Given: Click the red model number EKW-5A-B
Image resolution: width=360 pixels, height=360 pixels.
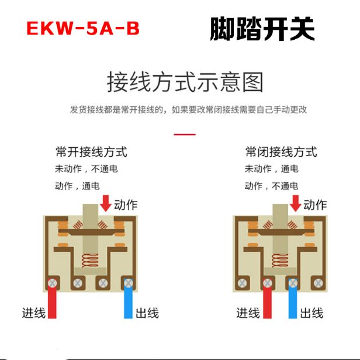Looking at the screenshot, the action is [x=83, y=28].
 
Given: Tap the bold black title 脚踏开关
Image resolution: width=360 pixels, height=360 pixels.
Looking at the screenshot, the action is [x=262, y=28].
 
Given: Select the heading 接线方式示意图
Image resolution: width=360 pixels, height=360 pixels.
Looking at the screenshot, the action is [x=185, y=82].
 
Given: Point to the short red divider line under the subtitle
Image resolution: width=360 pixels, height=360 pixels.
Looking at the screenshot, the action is [x=185, y=134].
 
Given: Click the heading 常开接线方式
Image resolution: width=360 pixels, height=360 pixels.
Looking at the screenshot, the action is [x=91, y=153].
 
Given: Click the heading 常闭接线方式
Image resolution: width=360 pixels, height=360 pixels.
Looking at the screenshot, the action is [x=281, y=153].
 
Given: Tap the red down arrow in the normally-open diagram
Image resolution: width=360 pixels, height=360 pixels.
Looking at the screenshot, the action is [x=106, y=203].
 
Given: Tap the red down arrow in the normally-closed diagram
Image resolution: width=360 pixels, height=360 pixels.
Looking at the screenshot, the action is [x=296, y=203].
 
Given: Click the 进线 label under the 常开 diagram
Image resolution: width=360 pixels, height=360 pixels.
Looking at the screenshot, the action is [x=34, y=313].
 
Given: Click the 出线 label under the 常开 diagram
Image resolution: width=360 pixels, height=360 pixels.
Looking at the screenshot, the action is [x=147, y=313].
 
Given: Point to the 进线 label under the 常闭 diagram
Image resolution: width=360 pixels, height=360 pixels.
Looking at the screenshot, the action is [x=248, y=313].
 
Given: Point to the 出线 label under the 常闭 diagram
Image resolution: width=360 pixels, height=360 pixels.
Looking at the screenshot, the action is [x=311, y=313].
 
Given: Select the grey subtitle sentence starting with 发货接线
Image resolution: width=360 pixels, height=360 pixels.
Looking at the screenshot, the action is [x=188, y=109].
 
